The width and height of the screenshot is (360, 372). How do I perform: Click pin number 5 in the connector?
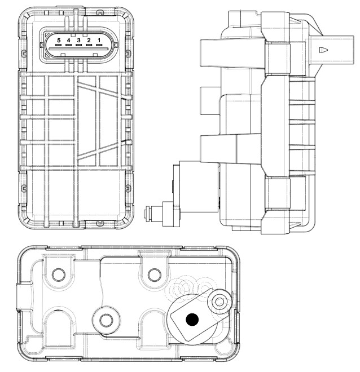(x=58, y=40)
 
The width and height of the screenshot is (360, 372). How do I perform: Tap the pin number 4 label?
(x=68, y=40)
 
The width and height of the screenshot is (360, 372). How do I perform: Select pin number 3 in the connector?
(x=78, y=40)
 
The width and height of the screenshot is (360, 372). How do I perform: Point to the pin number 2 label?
(x=89, y=40)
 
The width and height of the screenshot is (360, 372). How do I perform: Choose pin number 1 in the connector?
(x=99, y=40)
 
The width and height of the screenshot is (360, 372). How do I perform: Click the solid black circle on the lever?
(x=192, y=320)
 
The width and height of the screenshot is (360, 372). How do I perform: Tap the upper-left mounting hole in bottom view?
(x=58, y=275)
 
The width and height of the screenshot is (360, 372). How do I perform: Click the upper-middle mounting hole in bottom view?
(x=153, y=275)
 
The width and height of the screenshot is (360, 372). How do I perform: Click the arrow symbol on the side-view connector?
(x=323, y=50)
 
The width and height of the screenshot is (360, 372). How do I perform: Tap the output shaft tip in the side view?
(x=148, y=213)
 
